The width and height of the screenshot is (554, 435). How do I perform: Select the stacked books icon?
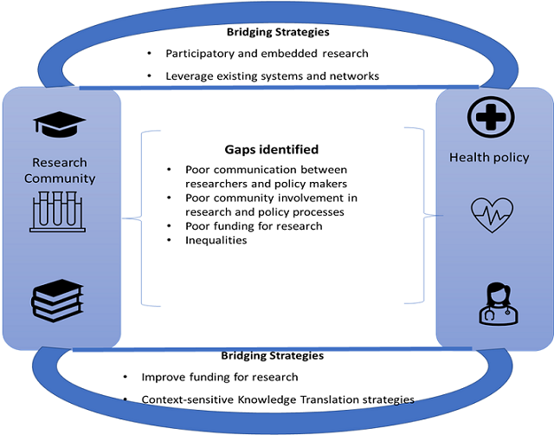click(57, 300)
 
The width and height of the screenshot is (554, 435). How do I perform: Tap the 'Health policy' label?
click(489, 157)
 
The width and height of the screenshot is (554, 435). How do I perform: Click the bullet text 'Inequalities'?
click(216, 240)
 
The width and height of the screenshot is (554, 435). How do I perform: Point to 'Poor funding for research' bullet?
click(254, 226)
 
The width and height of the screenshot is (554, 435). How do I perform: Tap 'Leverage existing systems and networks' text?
click(272, 76)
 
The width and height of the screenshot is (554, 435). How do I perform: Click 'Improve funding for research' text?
click(220, 377)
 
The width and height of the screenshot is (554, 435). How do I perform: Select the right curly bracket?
click(420, 217)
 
